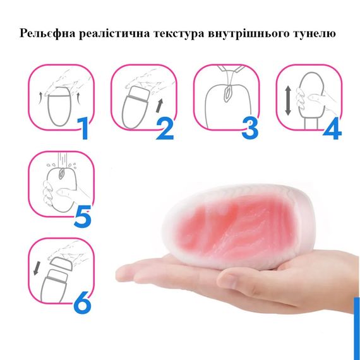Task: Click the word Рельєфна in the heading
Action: [x=47, y=33]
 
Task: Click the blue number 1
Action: [x=83, y=128]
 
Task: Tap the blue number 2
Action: [x=165, y=128]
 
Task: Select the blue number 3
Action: [x=250, y=128]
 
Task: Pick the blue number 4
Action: [x=332, y=128]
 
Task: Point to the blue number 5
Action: [x=83, y=216]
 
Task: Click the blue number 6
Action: [x=83, y=303]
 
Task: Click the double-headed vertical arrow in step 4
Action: [x=288, y=101]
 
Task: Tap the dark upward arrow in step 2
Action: [x=159, y=105]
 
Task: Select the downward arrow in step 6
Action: [x=36, y=269]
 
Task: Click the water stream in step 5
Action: [x=63, y=160]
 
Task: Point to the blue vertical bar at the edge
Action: [x=357, y=329]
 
